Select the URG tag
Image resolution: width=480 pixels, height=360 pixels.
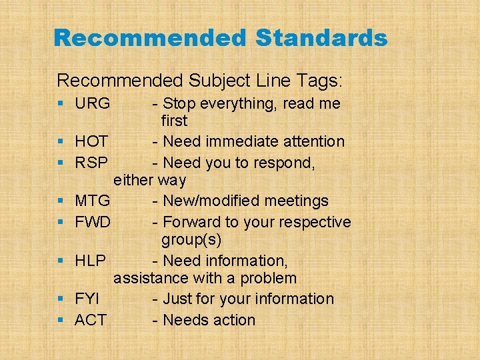coord(93,104)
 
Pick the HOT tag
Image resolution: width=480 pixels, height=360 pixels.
coord(92,141)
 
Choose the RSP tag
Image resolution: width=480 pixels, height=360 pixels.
coord(91,163)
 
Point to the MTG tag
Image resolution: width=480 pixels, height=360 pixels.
coord(93,201)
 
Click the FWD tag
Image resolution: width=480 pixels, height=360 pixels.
coord(93,222)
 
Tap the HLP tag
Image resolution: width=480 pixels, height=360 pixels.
coord(91,261)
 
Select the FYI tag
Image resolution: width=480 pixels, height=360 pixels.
coord(87,299)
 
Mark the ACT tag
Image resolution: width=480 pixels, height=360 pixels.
coord(91,320)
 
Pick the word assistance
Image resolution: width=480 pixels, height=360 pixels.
coord(151,278)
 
